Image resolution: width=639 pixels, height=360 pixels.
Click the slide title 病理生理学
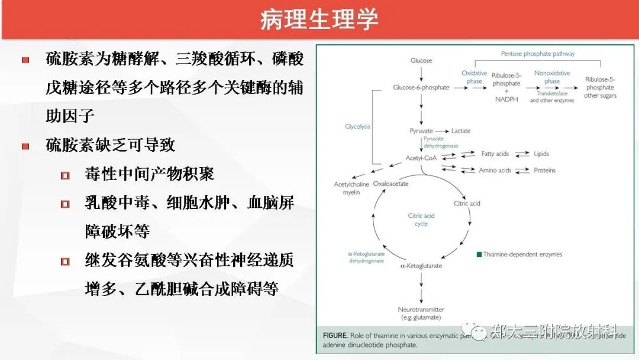pos(319,20)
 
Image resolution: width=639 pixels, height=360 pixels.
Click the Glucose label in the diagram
pos(421,60)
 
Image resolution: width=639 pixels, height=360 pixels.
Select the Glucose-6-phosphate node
pos(421,88)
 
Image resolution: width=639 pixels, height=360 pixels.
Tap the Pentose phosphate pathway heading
pos(538,53)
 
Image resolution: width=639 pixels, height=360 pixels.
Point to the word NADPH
pos(506,99)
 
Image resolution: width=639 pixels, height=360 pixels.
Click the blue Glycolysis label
pos(357,127)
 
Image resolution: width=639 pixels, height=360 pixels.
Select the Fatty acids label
pos(495,154)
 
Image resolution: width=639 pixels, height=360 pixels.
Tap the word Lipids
pos(541,154)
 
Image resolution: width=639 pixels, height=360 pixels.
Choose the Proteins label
pos(544,171)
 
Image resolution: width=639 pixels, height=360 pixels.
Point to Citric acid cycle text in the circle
pos(421,220)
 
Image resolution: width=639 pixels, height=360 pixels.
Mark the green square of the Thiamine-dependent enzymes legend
pos(479,255)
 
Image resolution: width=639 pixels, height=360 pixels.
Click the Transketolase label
pos(551,94)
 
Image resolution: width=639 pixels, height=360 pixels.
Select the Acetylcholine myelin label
pos(351,188)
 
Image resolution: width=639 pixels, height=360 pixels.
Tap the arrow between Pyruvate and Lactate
pos(441,130)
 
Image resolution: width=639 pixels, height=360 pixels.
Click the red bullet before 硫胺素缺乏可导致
pos(25,146)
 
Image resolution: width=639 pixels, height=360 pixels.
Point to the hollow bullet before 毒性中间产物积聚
pos(65,175)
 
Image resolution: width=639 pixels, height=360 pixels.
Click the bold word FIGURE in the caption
pos(335,335)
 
